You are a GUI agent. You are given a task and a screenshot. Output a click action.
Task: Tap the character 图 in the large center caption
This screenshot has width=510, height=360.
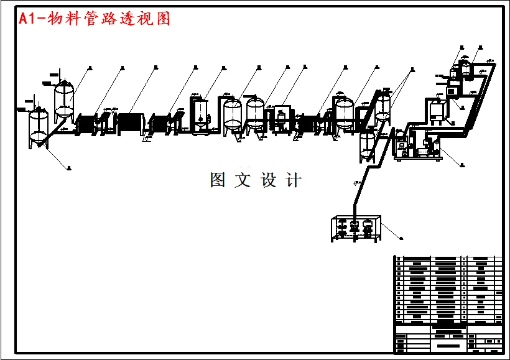pyautogui.click(x=218, y=180)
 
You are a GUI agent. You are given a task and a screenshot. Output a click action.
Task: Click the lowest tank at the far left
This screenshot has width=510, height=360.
pyautogui.click(x=39, y=127)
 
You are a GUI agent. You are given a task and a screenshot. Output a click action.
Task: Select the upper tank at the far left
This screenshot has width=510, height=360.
pyautogui.click(x=65, y=99)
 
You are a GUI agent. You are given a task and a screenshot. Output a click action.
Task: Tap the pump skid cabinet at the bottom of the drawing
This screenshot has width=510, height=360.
pyautogui.click(x=355, y=229)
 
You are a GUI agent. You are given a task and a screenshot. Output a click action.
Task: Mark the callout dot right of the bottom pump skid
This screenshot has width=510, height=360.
pyautogui.click(x=401, y=238)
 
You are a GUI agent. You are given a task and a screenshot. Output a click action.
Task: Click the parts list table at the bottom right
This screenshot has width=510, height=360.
pyautogui.click(x=447, y=303)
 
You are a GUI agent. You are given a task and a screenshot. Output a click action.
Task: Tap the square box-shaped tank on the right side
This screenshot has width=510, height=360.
pyautogui.click(x=438, y=111)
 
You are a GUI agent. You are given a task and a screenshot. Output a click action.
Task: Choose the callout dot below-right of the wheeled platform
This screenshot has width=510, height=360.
pyautogui.click(x=461, y=165)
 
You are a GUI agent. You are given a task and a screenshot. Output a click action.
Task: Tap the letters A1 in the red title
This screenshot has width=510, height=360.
pyautogui.click(x=27, y=19)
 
